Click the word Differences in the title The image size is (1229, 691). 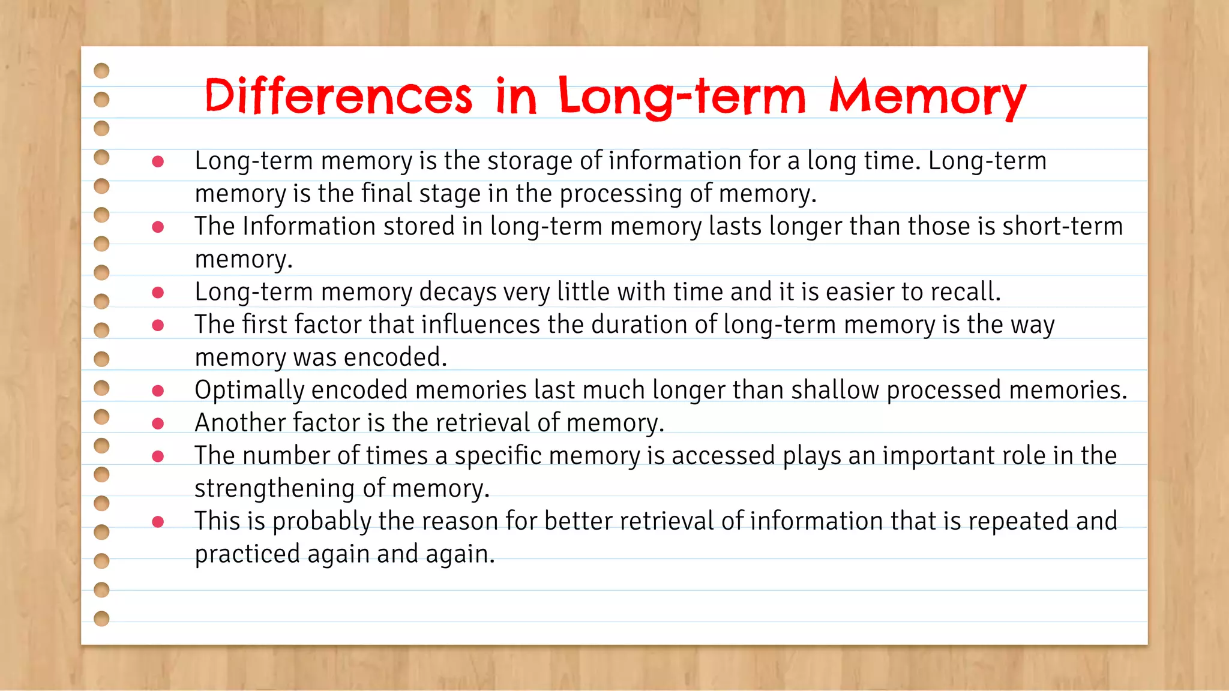point(338,96)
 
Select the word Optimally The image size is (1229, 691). point(250,390)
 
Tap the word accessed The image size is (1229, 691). point(723,455)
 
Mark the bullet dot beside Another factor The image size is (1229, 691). point(158,423)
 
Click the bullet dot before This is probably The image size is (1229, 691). point(158,522)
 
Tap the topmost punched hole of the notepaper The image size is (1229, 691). point(102,71)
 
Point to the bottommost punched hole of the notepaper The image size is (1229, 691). point(102,618)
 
